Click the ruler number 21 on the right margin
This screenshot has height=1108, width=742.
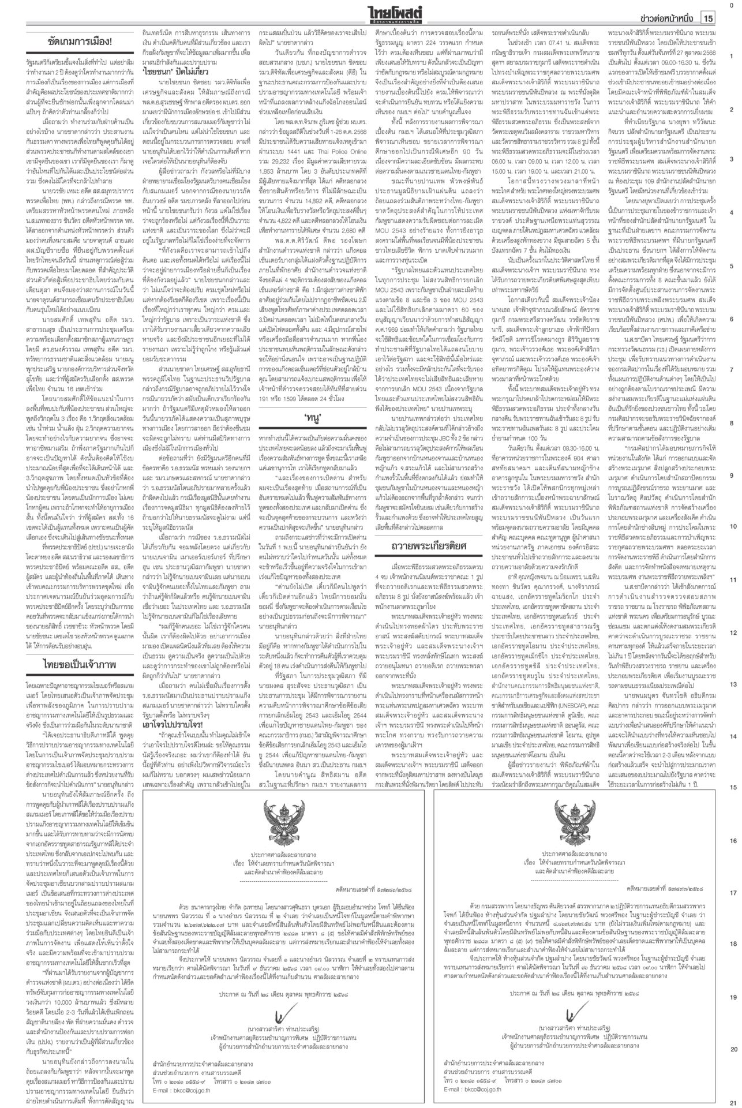(x=731, y=1101)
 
